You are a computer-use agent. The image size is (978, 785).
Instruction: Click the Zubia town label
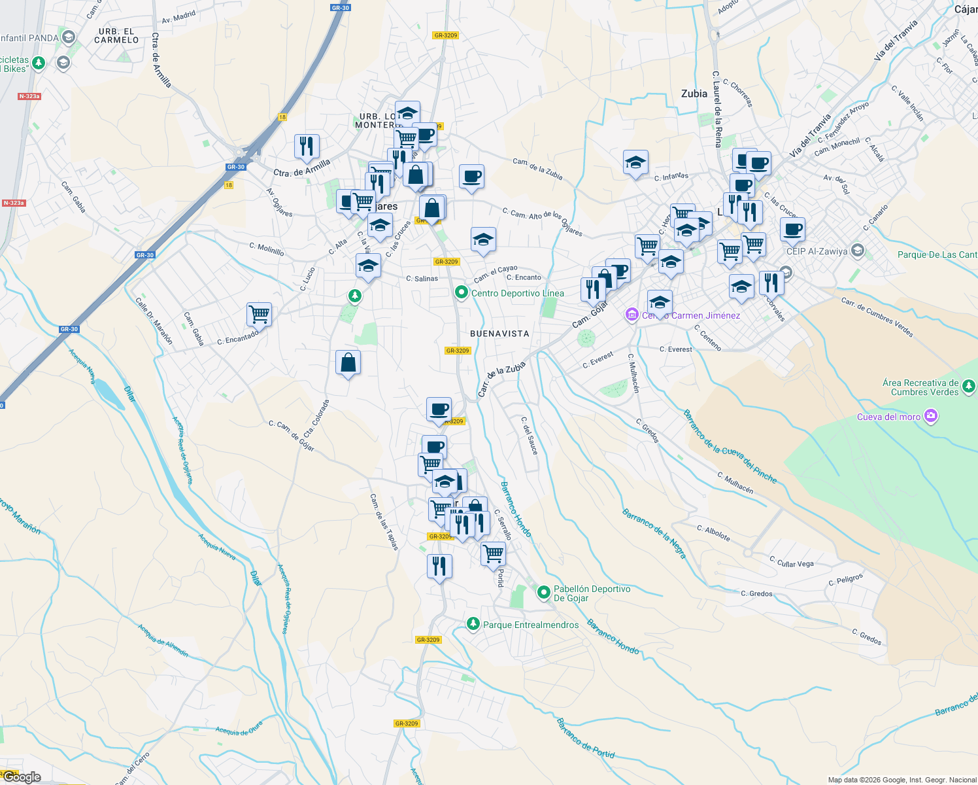(x=694, y=94)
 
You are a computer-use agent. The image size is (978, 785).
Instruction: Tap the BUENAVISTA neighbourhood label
(x=499, y=334)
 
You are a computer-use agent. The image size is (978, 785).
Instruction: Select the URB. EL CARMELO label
(x=116, y=35)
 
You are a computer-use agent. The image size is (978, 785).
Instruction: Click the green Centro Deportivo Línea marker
(x=462, y=292)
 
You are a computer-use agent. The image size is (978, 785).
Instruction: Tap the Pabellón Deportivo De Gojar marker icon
(x=543, y=593)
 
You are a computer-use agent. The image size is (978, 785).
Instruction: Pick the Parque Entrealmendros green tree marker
(x=473, y=624)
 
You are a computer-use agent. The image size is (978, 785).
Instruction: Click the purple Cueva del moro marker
(x=931, y=416)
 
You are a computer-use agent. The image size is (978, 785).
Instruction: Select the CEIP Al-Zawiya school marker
(x=858, y=251)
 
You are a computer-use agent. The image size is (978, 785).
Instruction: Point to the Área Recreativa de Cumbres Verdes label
(x=920, y=387)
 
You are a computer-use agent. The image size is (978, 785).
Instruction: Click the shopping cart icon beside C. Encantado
(x=260, y=314)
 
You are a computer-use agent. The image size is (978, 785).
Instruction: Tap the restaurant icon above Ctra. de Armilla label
(x=307, y=147)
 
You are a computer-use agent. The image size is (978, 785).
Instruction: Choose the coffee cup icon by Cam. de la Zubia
(x=471, y=177)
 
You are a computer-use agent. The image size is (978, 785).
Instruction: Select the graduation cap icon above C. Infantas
(x=635, y=163)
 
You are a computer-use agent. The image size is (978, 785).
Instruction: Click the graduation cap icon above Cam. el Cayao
(x=483, y=240)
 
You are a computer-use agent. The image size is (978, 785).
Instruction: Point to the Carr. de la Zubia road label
(x=501, y=379)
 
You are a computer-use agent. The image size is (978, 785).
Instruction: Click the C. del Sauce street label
(x=530, y=436)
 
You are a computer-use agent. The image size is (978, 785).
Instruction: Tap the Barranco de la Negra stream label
(x=654, y=533)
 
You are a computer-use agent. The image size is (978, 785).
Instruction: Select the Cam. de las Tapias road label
(x=384, y=521)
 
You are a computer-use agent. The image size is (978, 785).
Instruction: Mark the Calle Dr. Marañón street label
(x=154, y=321)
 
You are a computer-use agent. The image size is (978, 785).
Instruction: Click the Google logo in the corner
(x=22, y=776)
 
